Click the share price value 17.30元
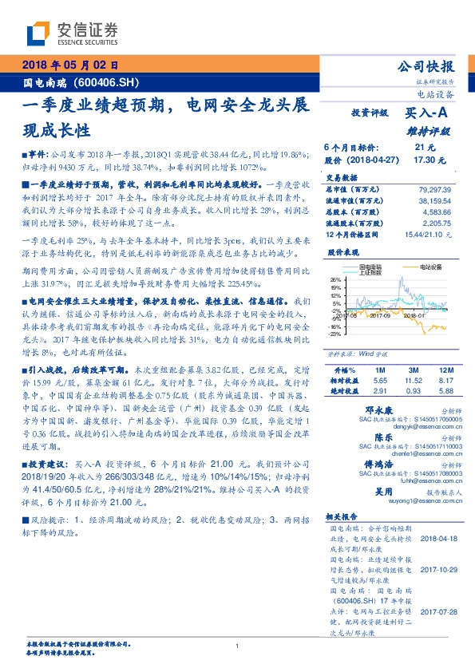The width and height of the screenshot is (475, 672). (424, 160)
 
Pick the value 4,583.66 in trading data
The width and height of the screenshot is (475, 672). (437, 213)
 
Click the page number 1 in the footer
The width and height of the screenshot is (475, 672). (238, 646)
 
